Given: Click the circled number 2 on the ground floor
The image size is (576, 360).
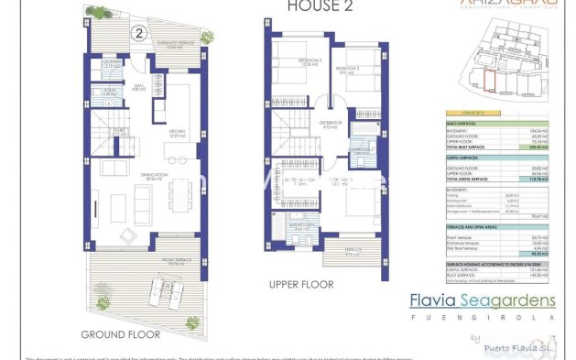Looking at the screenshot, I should point(138,34).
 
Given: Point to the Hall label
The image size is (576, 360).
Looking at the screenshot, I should point(139,89).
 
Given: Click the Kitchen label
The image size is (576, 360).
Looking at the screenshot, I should point(177,134).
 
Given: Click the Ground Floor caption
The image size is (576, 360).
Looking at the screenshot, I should point(120,334).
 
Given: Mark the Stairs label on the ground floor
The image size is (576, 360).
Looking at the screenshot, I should point(117,132).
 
